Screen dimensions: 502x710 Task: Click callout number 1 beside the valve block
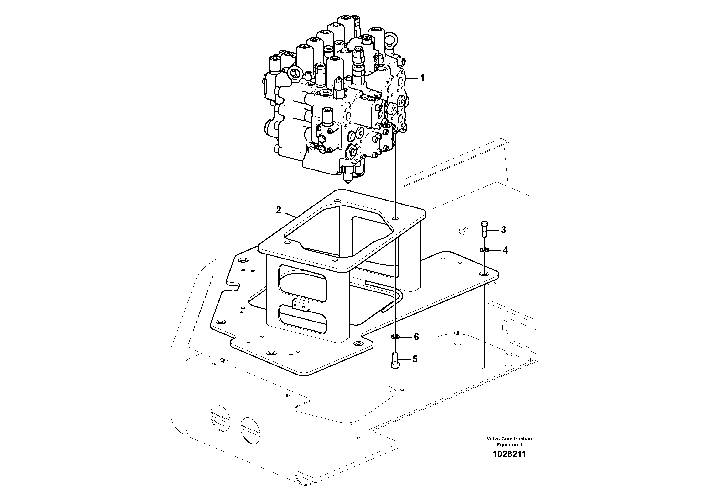(x=422, y=78)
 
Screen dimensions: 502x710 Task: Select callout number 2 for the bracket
(x=278, y=210)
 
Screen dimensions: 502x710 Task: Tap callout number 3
(x=503, y=230)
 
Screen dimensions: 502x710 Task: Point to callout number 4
(x=505, y=250)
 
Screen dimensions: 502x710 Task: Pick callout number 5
(x=415, y=359)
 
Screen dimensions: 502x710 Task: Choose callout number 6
(x=416, y=337)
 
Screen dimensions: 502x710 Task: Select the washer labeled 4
(x=484, y=249)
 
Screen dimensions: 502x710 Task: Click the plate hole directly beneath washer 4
(x=484, y=274)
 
